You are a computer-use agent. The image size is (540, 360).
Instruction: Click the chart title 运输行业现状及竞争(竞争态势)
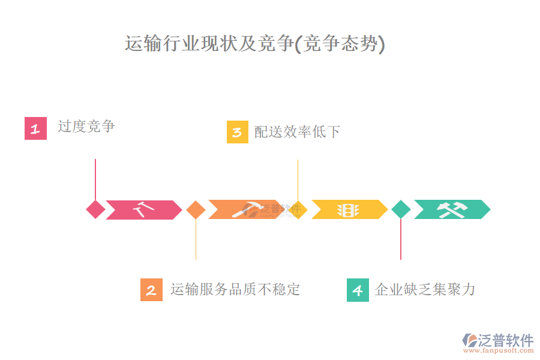tap(254, 44)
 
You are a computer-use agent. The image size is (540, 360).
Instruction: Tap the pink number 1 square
tap(35, 128)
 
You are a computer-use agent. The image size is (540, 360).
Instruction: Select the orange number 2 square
tap(151, 290)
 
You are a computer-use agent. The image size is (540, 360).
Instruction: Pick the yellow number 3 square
tap(238, 132)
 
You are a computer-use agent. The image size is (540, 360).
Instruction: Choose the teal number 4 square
tap(358, 290)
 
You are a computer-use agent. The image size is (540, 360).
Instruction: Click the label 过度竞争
tap(86, 127)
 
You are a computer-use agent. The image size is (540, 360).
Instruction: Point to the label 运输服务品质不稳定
tap(235, 290)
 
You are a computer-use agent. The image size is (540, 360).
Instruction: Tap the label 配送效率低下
tap(297, 131)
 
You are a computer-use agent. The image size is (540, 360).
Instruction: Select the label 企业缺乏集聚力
tap(425, 290)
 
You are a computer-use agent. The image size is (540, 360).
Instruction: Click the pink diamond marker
tap(95, 209)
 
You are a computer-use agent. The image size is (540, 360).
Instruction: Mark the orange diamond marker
tap(196, 209)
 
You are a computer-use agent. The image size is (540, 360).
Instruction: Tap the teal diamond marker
tap(401, 209)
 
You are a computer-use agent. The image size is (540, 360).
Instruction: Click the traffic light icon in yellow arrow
tap(347, 210)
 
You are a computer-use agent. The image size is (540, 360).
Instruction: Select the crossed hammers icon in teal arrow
tap(452, 209)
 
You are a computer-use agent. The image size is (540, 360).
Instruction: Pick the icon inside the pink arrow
tap(144, 209)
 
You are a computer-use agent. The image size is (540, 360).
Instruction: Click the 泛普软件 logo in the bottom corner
tap(498, 340)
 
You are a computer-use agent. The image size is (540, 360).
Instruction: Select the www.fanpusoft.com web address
tap(500, 351)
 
